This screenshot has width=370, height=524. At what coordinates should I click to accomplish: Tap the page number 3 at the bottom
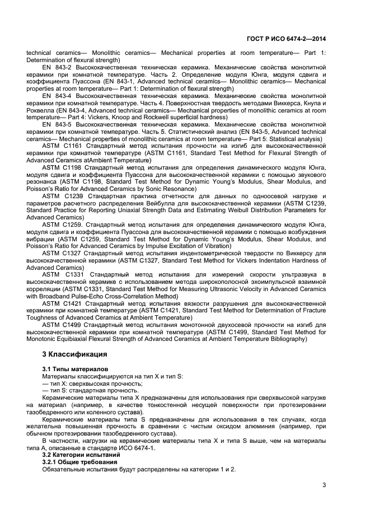pyautogui.click(x=324, y=485)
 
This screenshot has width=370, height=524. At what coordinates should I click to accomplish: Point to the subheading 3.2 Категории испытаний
pyautogui.click(x=77, y=456)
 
